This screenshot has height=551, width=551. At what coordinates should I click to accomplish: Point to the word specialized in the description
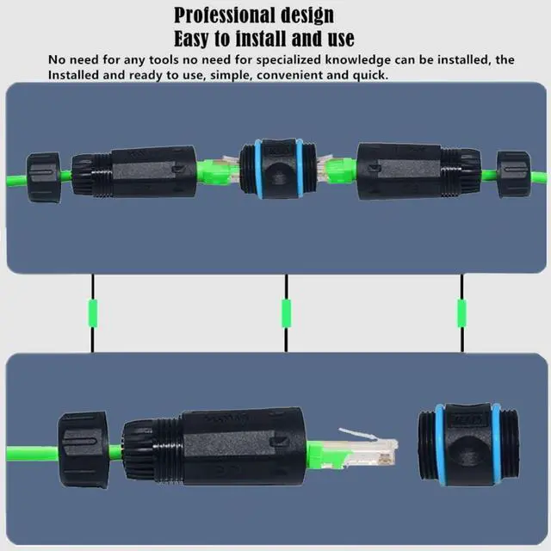point(318,59)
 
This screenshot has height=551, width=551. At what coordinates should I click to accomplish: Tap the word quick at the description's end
point(371,75)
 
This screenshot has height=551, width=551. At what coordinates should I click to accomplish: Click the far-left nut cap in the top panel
point(44,176)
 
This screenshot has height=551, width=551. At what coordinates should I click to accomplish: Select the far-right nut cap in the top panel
point(513,174)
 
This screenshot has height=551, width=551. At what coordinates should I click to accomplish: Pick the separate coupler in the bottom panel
point(465,446)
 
